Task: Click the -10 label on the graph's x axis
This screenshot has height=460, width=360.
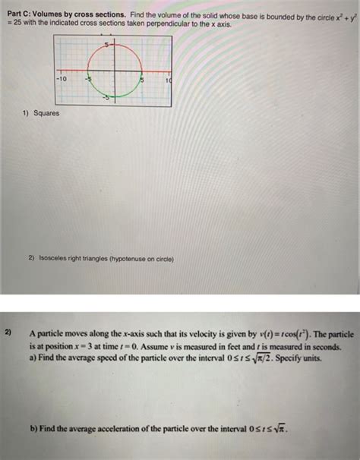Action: [61, 78]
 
